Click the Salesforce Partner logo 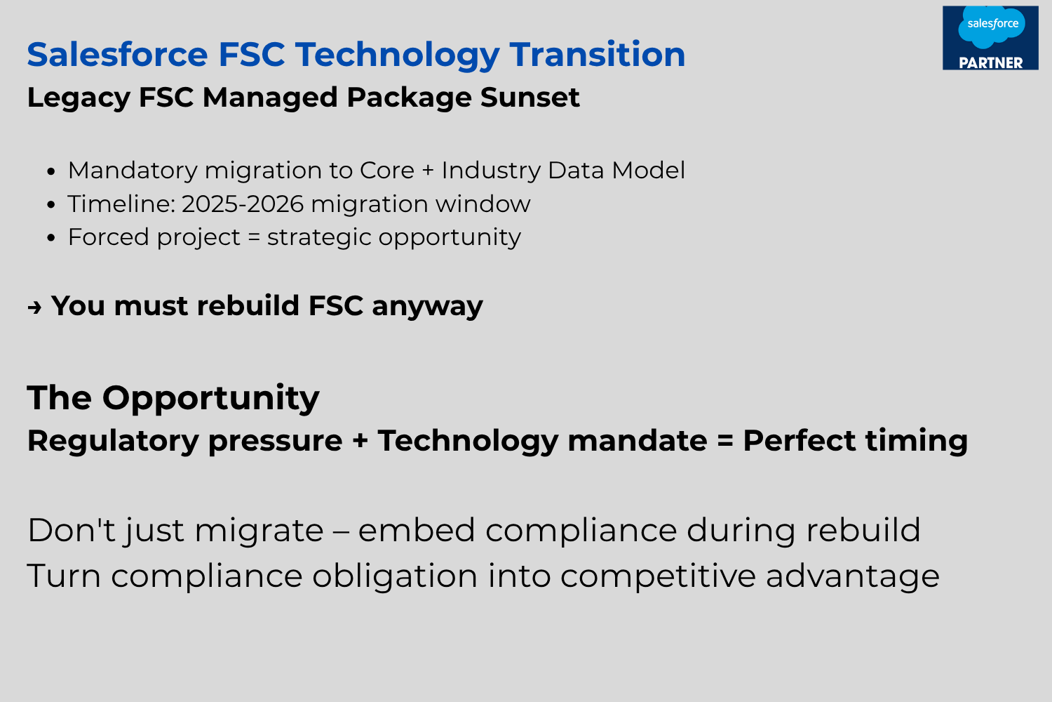pos(990,38)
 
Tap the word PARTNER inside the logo pos(990,62)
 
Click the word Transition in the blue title pos(598,54)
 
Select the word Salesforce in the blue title pos(117,54)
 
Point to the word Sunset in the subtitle pos(530,98)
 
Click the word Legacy pos(79,98)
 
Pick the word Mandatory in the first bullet pos(133,170)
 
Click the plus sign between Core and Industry pos(427,171)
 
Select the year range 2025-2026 pos(243,204)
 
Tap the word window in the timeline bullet pos(483,204)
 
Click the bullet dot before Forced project pos(51,238)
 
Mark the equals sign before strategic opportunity pos(254,237)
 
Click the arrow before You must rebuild pos(34,307)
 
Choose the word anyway pos(427,307)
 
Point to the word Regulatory pos(113,442)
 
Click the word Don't pos(72,530)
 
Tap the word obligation pos(394,576)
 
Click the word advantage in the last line pos(852,576)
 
